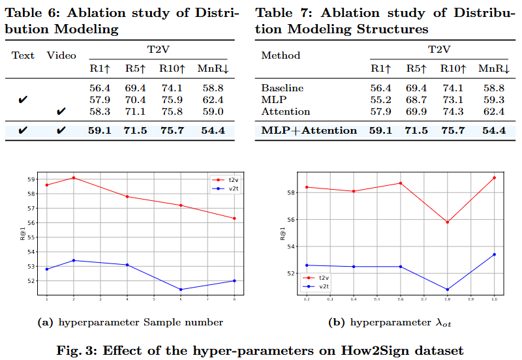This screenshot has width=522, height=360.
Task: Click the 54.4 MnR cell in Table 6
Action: (213, 130)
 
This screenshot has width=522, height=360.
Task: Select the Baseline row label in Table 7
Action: (282, 88)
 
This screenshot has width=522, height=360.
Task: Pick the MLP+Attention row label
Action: (309, 130)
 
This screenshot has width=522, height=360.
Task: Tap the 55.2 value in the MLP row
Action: (381, 100)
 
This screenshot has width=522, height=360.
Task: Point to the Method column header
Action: (281, 55)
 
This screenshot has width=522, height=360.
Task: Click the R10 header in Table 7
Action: (455, 68)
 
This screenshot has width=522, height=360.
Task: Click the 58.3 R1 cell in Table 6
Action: (100, 112)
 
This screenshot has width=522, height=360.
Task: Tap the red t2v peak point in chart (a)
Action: (74, 177)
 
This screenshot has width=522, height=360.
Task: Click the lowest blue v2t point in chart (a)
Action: (180, 290)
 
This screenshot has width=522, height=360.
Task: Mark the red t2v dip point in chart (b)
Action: (447, 222)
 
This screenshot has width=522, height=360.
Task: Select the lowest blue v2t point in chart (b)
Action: (447, 290)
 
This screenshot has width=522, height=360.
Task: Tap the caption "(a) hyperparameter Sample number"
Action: (130, 322)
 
